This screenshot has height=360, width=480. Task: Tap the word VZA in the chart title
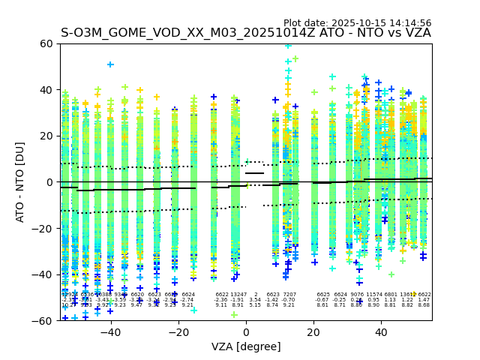point(417,33)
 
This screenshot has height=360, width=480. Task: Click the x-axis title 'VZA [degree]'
point(246,346)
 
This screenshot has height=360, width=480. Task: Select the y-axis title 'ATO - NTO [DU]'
point(20,182)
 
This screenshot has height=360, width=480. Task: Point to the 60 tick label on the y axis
point(47,43)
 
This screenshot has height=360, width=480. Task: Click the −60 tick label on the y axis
point(44,320)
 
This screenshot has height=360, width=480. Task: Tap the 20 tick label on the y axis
point(47,136)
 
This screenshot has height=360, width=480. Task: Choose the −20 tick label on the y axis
point(44,228)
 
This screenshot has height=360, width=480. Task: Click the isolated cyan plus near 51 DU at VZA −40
point(110,64)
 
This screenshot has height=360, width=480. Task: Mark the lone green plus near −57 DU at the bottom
point(234,314)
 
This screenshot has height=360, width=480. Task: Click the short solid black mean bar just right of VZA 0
point(254,173)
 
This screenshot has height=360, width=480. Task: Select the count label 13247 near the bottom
point(238,295)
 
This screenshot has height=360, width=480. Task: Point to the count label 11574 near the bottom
point(373,295)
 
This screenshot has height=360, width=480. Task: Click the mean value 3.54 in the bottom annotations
point(255,300)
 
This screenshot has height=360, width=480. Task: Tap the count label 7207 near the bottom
point(289,295)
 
